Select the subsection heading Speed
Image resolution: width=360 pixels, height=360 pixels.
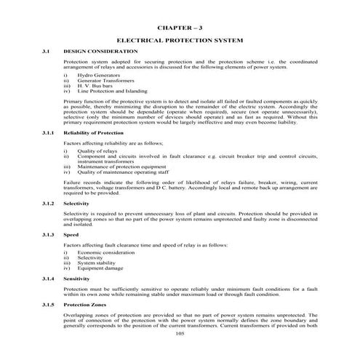pos(71,236)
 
